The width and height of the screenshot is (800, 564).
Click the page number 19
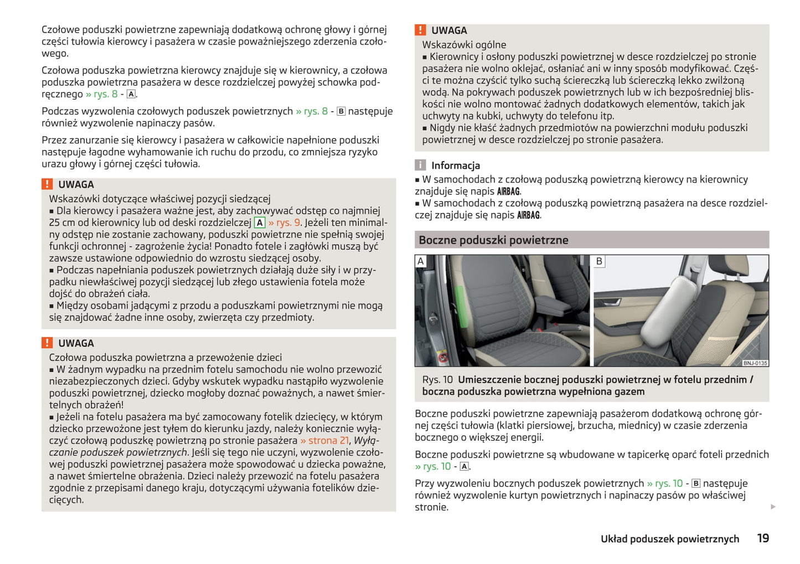(762, 538)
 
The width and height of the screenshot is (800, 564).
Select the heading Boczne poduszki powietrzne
(493, 240)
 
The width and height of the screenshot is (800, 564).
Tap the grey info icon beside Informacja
(421, 165)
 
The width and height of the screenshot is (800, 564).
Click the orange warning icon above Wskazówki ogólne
(421, 30)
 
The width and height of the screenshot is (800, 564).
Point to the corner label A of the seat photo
(421, 261)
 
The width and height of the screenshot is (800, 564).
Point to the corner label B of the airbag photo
(599, 261)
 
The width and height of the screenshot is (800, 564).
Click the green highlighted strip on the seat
(459, 310)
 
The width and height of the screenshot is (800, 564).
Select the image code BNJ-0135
(755, 363)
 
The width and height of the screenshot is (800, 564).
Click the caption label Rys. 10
(437, 380)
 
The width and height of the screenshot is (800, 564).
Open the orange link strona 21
(324, 441)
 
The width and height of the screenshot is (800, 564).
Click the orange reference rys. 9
(284, 223)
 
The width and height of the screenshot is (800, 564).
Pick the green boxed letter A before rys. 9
(260, 223)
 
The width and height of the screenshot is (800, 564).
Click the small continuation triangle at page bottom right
(773, 506)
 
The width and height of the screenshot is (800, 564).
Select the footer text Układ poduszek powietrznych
(669, 539)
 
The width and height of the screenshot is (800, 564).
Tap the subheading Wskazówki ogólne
(464, 45)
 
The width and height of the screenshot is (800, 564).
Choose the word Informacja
(455, 165)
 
